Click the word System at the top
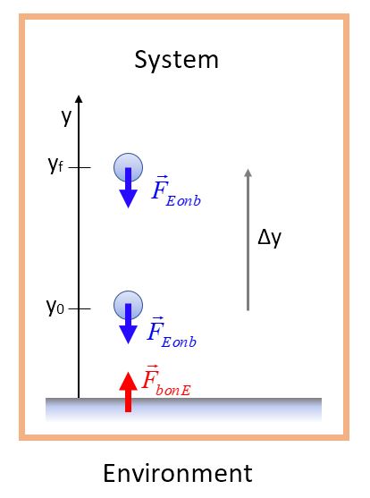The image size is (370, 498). coord(177,60)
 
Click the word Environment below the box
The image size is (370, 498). coord(178,473)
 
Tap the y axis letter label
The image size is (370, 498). coord(66,117)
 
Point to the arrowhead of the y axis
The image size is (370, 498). coord(79,98)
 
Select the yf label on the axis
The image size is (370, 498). coord(55,165)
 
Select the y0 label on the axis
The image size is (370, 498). coord(55,307)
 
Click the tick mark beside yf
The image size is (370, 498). coord(80,167)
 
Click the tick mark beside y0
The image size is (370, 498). coord(80,308)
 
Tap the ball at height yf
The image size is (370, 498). coord(129,167)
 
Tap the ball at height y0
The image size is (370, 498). coord(129,305)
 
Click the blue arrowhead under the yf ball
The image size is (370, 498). coord(129,198)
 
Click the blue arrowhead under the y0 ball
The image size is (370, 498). coord(129,334)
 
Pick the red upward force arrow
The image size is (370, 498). coord(129,392)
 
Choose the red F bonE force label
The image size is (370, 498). coord(166,381)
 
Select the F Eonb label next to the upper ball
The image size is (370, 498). coord(176,191)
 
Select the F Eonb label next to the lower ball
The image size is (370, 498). coord(172,333)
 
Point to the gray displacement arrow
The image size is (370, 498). coord(248,240)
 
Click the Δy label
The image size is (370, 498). coord(269,238)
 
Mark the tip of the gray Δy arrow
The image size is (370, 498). coord(248,169)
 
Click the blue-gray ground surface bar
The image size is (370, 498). coord(183,409)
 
